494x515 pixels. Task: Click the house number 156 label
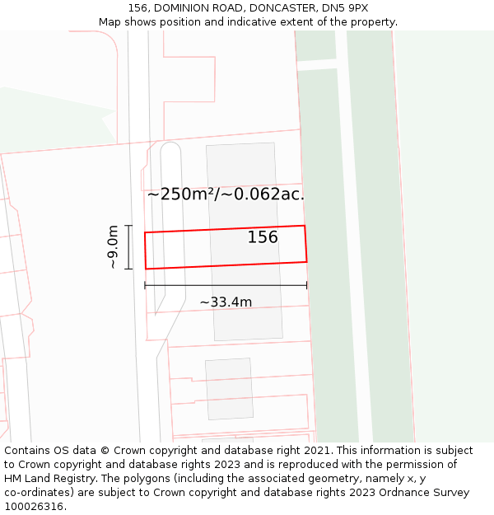[263, 237]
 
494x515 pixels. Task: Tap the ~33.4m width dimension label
[226, 302]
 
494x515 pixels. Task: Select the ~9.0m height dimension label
[114, 247]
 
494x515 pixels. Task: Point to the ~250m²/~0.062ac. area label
[226, 194]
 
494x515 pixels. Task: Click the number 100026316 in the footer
[35, 507]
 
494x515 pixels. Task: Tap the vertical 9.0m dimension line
[128, 247]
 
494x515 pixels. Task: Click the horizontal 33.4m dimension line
[226, 286]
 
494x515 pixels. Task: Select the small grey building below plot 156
[229, 389]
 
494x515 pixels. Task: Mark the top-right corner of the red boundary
[305, 226]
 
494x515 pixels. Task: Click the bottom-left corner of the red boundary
[147, 269]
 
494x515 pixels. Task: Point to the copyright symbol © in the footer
[105, 451]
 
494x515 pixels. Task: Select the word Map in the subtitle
[110, 21]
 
